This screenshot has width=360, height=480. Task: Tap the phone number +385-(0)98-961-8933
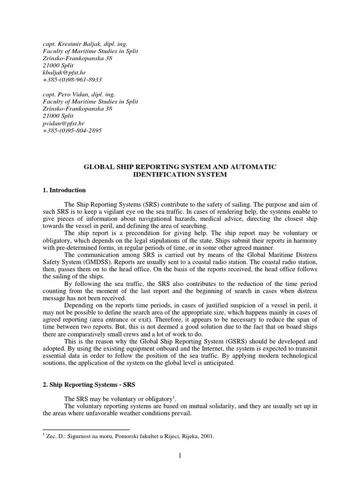[x=72, y=80]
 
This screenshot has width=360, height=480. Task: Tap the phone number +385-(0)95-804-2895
[x=72, y=130]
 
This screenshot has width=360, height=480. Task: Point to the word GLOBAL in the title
[x=97, y=167]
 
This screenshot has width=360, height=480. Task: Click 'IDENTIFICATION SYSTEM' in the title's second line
[x=180, y=174]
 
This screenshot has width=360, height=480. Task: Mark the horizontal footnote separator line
[x=86, y=429]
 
